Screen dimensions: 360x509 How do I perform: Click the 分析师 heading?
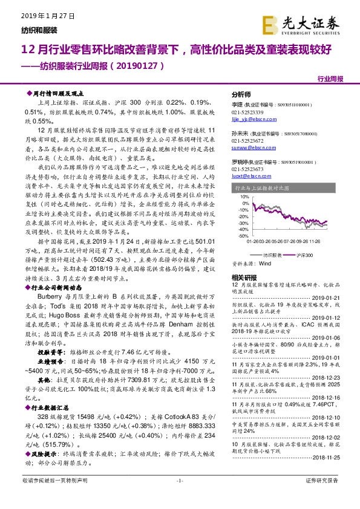(241, 95)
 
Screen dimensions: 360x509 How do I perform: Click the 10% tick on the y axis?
(241, 196)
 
